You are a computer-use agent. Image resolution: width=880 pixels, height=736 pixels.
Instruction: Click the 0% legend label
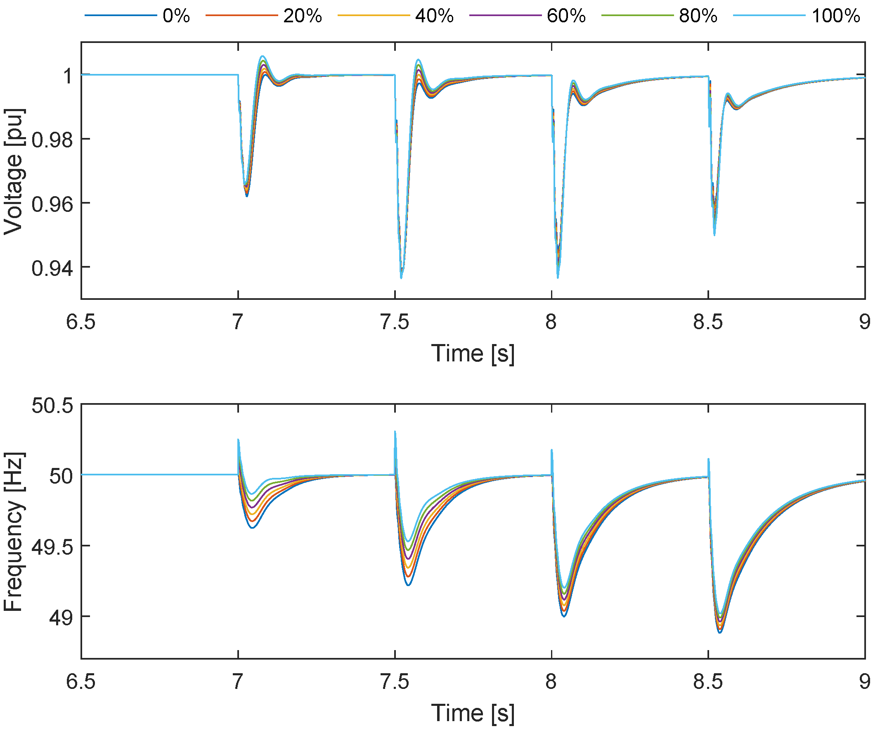176,16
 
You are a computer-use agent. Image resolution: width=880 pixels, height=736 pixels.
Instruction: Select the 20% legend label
303,16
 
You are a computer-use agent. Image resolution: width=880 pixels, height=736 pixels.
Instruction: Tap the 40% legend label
434,16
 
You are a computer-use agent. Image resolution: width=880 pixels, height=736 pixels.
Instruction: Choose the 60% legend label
566,16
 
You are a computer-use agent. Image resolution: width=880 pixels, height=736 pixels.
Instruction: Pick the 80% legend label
698,16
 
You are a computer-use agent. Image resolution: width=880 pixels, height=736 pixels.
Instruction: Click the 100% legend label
835,16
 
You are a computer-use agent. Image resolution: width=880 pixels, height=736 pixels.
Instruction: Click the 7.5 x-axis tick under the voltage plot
394,322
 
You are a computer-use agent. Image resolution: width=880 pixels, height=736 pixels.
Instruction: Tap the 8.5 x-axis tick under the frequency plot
708,681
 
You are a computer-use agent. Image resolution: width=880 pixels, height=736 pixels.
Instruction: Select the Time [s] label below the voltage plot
473,353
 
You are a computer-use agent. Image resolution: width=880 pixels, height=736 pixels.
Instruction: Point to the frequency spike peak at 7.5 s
395,432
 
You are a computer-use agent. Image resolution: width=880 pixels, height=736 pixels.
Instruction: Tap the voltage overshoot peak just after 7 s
263,56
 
